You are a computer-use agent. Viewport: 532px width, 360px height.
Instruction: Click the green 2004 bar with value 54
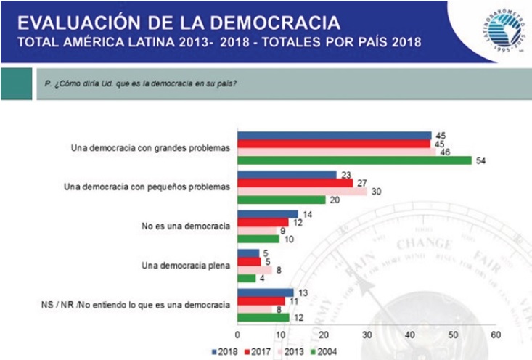355,160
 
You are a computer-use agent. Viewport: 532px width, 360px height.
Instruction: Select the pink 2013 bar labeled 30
303,191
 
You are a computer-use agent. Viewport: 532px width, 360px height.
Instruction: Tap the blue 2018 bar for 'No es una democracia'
268,214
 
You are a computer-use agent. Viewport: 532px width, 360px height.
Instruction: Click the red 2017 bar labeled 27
296,183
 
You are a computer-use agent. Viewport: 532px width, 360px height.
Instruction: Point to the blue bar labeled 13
266,292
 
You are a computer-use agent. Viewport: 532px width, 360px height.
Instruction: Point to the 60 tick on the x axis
496,335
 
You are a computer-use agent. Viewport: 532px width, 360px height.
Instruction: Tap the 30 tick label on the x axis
367,335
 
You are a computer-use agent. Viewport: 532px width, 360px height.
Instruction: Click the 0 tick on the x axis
238,335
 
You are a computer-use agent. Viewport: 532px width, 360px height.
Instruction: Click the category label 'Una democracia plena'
186,265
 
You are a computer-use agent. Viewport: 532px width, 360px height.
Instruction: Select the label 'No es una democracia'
186,226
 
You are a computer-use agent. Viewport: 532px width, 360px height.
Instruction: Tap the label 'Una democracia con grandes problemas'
150,147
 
